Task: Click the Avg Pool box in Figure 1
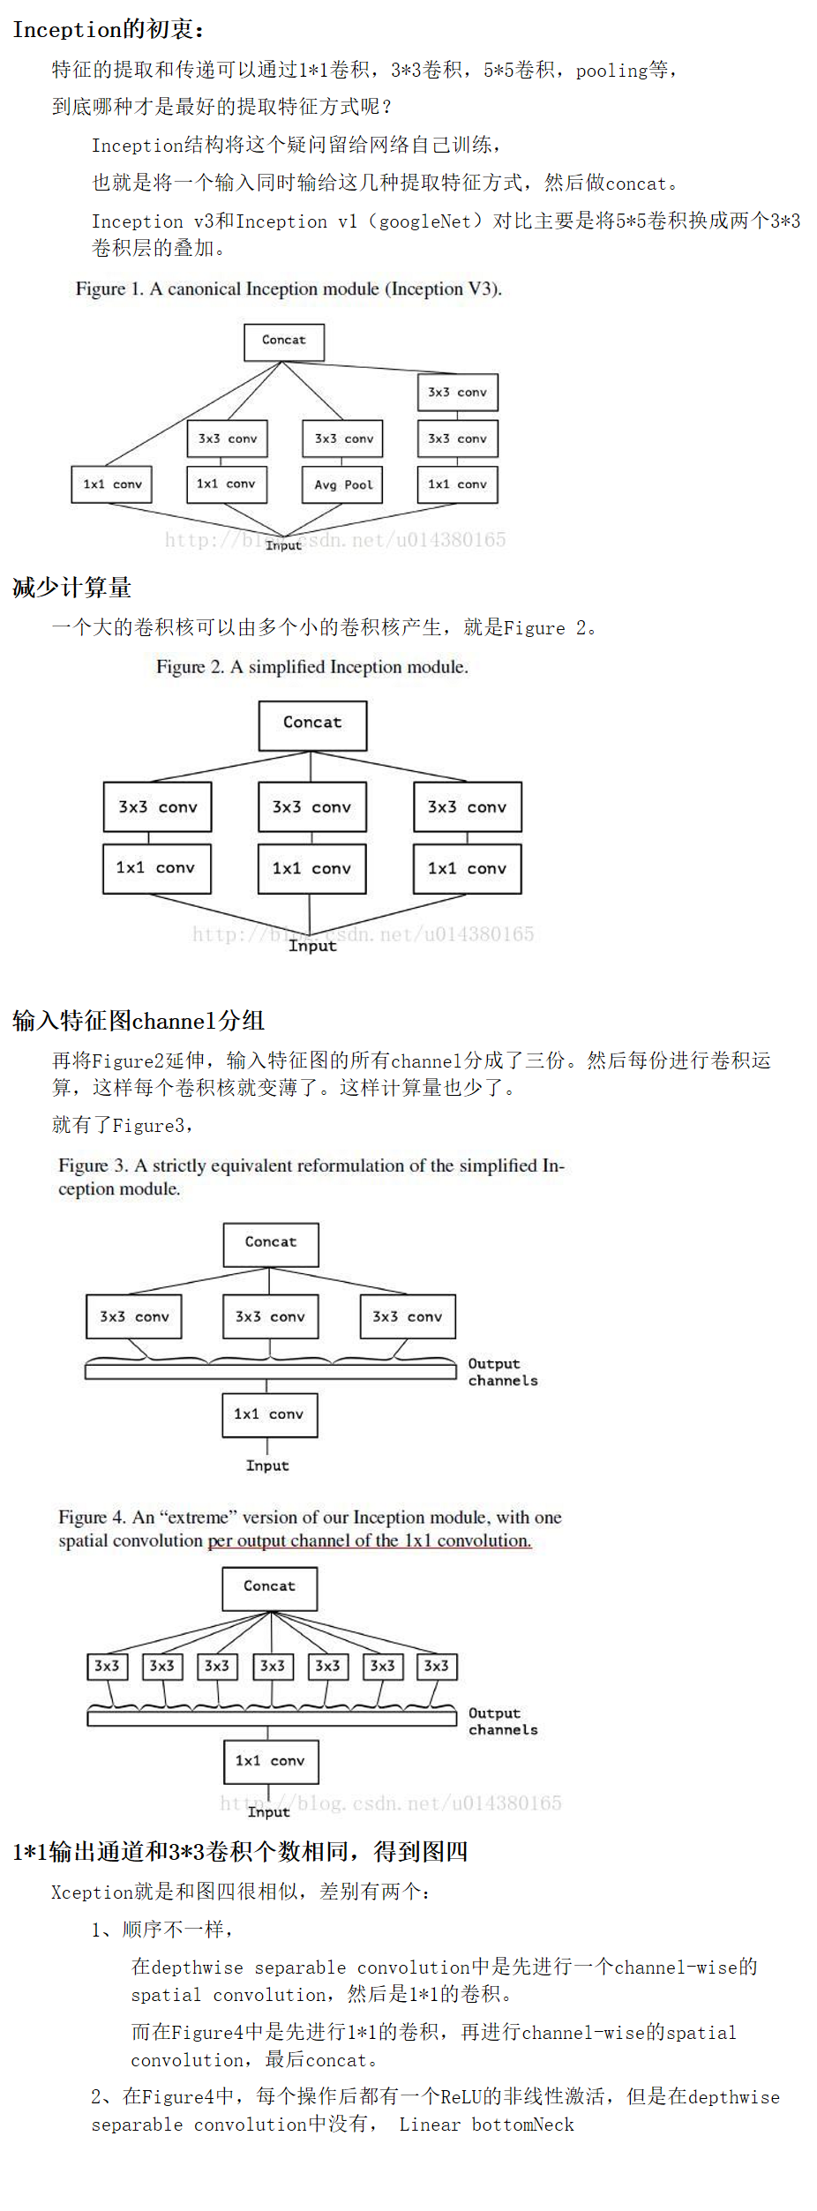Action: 342,484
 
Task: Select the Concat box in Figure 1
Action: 284,341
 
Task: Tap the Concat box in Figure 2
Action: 312,724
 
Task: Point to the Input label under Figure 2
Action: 312,946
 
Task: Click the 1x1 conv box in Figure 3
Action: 269,1414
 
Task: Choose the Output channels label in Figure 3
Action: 502,1372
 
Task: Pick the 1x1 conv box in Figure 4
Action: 270,1761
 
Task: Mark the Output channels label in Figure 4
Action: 502,1721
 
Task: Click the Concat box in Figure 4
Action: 270,1587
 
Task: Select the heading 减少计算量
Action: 72,588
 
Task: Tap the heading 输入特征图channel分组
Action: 139,1021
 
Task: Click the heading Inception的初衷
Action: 108,30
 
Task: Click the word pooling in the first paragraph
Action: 611,71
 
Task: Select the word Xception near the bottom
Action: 92,1892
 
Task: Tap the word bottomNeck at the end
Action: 523,2125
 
